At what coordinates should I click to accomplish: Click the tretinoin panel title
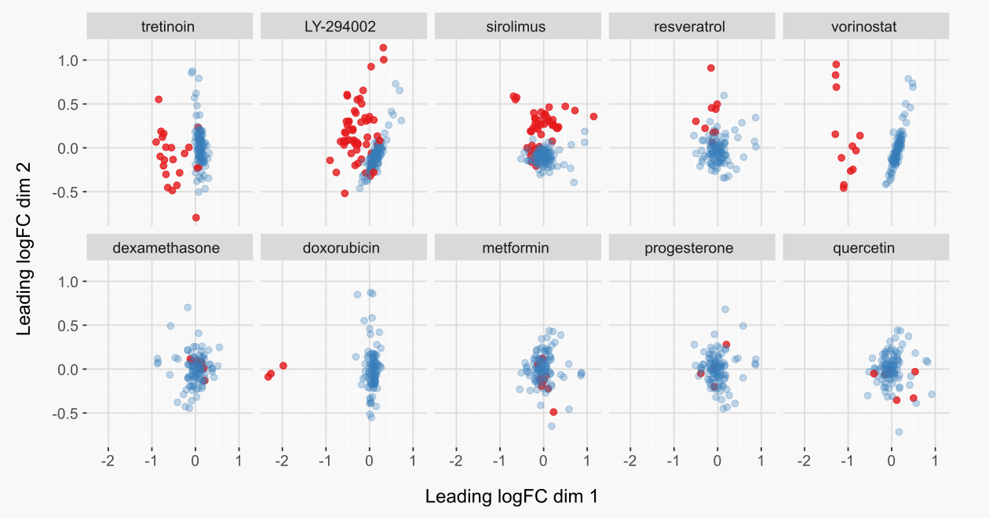coord(169,27)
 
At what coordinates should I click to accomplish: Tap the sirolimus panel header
coord(516,27)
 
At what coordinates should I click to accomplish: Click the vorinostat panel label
coord(864,27)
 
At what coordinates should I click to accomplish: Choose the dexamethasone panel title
coord(169,249)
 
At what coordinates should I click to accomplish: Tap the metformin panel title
coord(516,249)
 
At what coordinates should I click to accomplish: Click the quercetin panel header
coord(864,249)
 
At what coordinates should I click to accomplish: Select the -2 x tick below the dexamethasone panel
coord(108,458)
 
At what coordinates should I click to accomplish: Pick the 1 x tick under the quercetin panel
coord(935,458)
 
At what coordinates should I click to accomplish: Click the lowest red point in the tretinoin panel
coord(195,217)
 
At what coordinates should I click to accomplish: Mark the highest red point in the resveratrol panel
coord(710,68)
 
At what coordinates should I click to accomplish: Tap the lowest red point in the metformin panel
coord(553,412)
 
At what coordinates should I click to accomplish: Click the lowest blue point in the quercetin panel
coord(899,432)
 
